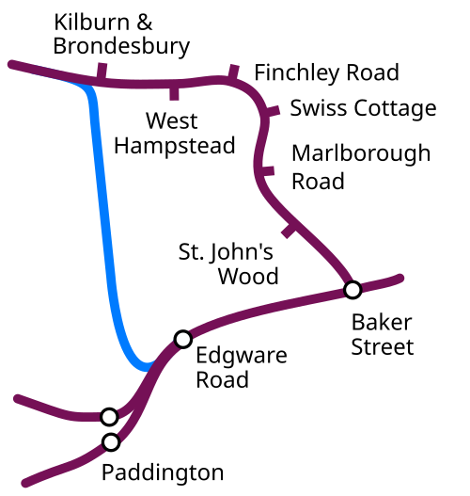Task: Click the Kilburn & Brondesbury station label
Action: point(121,35)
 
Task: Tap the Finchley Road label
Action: point(326,73)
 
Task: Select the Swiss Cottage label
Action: point(363,108)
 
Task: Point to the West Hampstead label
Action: point(174,133)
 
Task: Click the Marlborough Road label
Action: point(361,167)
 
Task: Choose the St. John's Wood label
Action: point(228,264)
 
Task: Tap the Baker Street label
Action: point(383,334)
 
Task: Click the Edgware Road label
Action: point(242,367)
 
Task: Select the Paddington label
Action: point(163,472)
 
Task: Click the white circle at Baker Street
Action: point(352,290)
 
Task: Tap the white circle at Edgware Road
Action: point(183,339)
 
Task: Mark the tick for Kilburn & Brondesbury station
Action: point(102,72)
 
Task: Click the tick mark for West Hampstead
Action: point(174,92)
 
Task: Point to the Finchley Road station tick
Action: point(233,72)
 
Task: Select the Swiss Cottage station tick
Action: point(271,111)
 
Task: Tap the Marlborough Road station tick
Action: point(266,170)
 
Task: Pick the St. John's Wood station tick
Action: point(289,231)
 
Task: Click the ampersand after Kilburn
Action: point(145,23)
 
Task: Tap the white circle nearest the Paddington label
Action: point(111,442)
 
